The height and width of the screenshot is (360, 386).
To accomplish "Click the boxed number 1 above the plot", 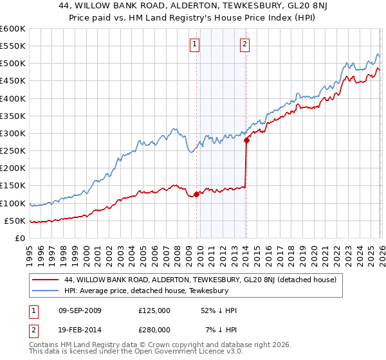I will tap(195, 44).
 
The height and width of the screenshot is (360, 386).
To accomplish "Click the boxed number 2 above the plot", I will tap(245, 44).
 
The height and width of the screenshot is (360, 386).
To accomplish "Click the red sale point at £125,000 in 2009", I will tap(196, 194).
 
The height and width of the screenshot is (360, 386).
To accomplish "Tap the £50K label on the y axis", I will tap(15, 221).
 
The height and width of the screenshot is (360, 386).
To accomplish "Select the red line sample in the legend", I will tap(46, 279).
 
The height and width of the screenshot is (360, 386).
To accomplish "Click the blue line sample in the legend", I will tap(46, 291).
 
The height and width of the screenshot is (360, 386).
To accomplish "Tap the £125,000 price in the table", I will tap(154, 310).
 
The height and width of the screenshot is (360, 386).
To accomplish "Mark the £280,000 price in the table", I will tap(154, 330).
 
